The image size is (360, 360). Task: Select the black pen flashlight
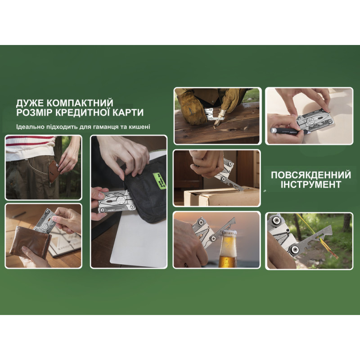coord(288,131)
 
